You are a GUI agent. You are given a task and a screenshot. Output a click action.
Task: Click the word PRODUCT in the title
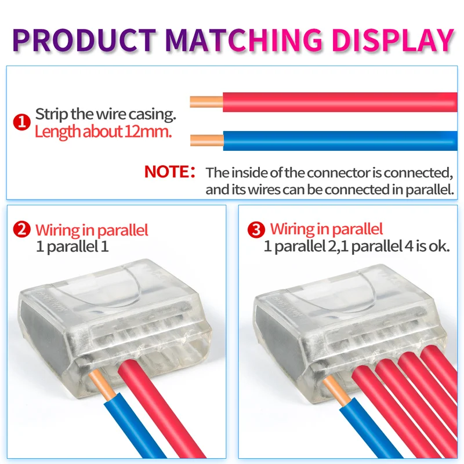(84, 40)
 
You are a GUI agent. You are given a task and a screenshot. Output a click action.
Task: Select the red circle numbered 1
(22, 123)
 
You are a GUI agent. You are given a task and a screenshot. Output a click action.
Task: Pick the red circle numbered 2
(23, 230)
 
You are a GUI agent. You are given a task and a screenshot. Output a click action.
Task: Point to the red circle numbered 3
(255, 230)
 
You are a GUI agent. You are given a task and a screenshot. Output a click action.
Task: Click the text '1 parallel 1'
(72, 246)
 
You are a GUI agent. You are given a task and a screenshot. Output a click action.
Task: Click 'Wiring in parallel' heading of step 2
(92, 230)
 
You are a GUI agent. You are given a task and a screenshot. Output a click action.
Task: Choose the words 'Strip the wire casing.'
(104, 114)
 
